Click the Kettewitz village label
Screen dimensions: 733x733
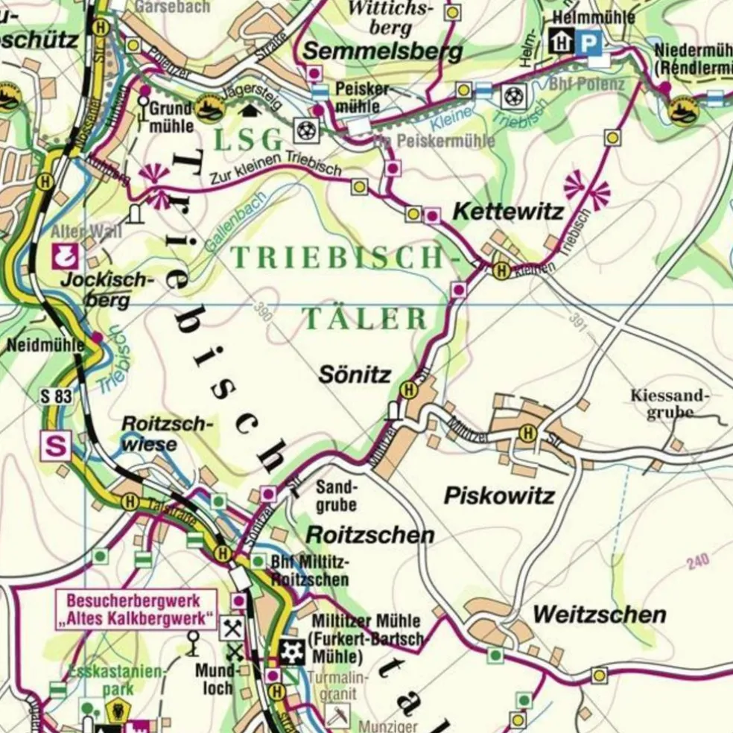[x=508, y=212]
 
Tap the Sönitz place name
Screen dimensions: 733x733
[x=355, y=375]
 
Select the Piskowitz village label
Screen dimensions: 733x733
[x=499, y=495]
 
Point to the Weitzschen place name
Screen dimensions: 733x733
[x=599, y=615]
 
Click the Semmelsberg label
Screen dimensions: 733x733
[x=383, y=51]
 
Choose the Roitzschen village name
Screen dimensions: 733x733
[x=370, y=535]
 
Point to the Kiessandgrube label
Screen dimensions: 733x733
[x=670, y=403]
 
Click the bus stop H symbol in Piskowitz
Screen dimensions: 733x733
[x=528, y=432]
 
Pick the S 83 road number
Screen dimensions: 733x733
[x=57, y=396]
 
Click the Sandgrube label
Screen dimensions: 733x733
[x=337, y=496]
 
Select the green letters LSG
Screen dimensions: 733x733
[x=250, y=139]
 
